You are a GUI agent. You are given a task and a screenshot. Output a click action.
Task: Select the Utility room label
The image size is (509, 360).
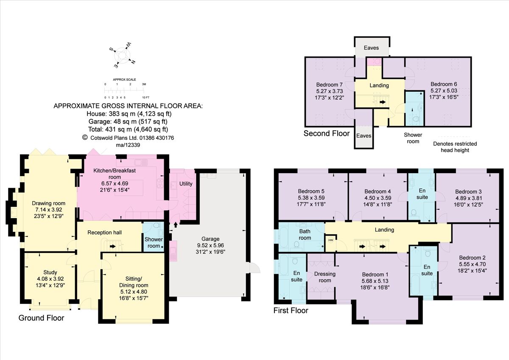[x=186, y=184]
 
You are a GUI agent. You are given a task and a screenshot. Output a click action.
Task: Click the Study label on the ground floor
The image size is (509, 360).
[x=50, y=273]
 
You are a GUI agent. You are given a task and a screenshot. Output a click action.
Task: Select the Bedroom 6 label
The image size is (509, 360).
[x=444, y=84]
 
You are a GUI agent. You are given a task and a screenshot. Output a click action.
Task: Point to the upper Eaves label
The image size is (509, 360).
[x=371, y=48]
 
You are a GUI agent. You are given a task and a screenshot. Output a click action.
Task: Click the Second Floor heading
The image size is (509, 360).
[x=327, y=134]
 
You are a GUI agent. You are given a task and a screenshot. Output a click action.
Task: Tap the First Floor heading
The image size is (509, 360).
[x=291, y=311]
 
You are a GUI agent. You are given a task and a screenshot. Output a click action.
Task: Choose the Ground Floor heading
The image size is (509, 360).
[x=42, y=318]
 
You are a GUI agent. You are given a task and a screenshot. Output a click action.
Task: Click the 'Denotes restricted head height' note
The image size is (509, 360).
[x=454, y=147]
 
